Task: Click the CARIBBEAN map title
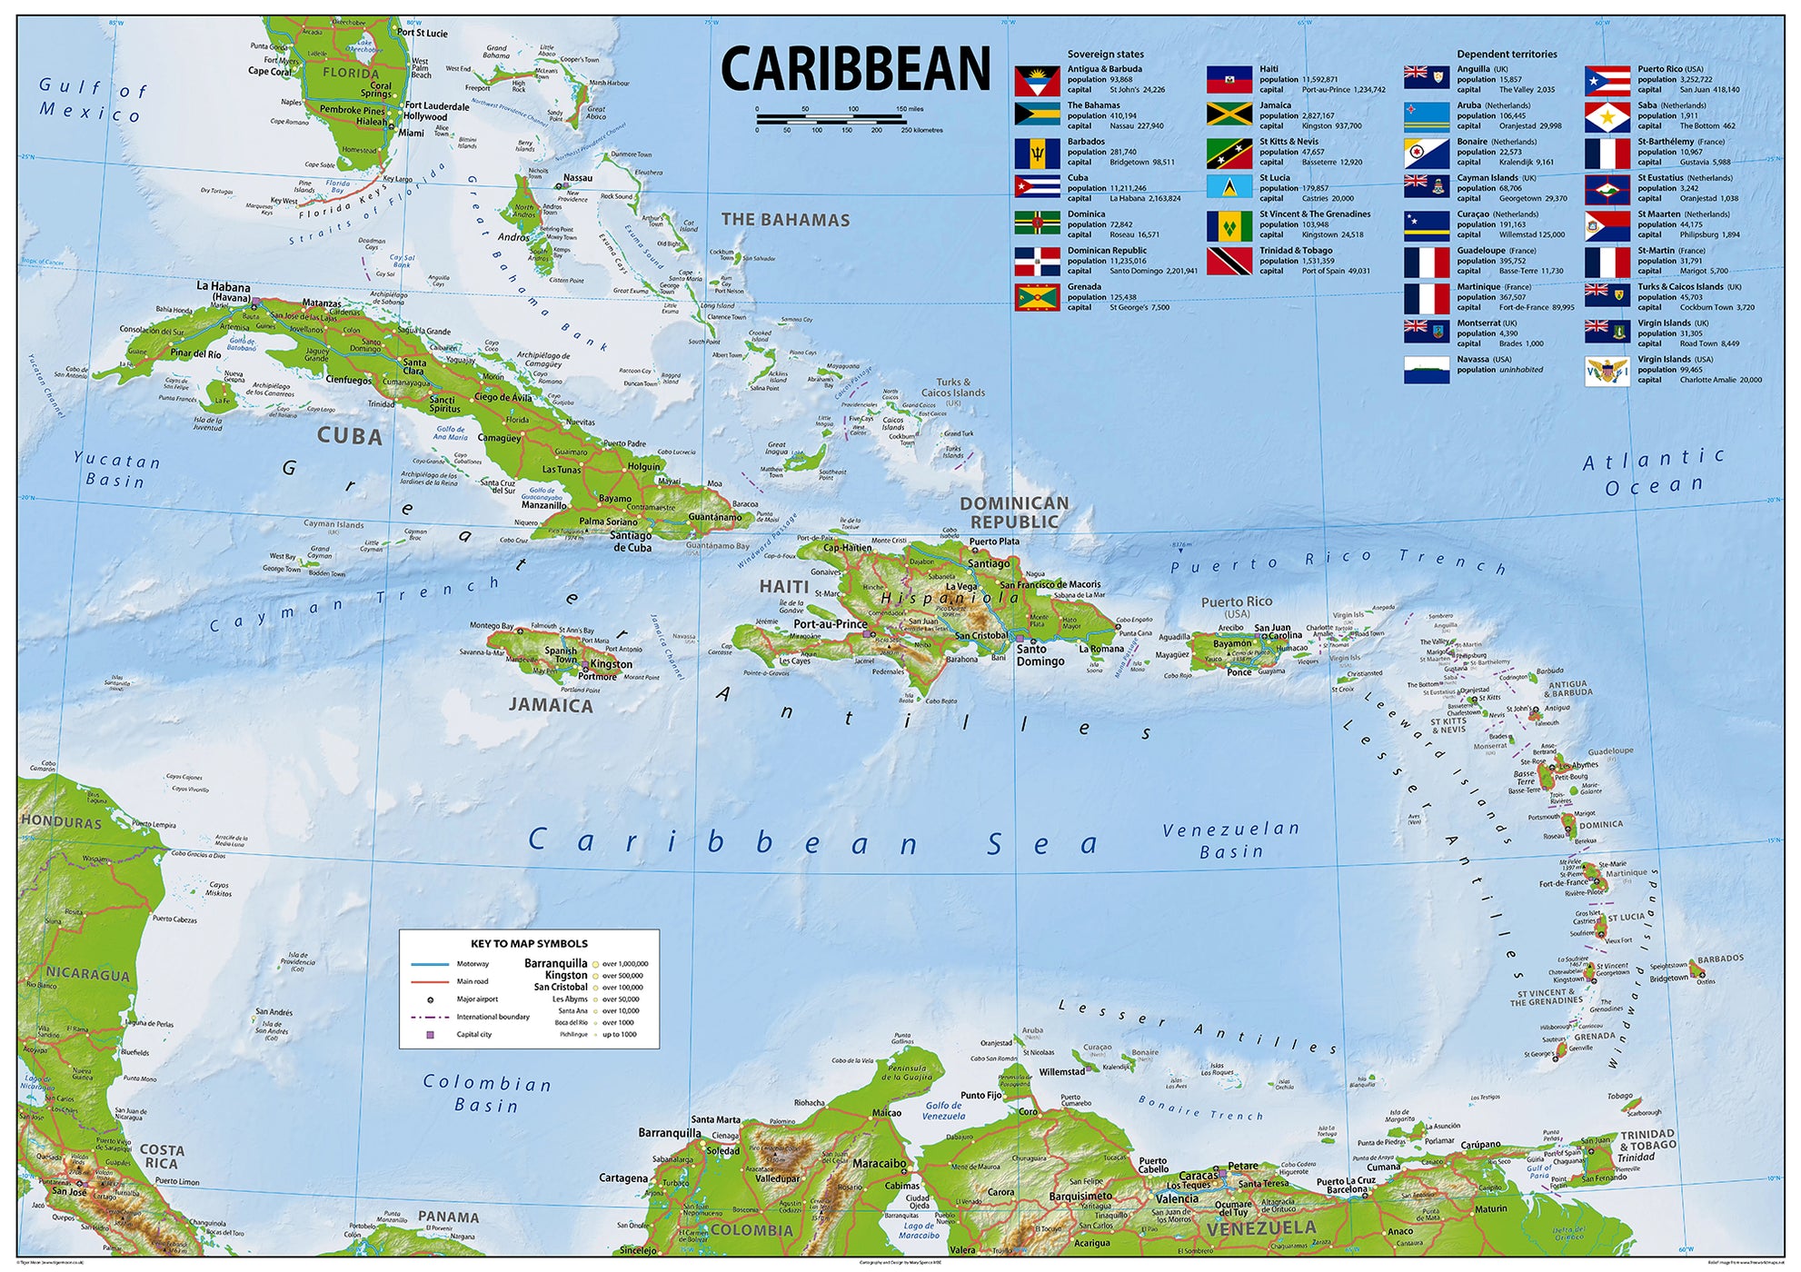855,70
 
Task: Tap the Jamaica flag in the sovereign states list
1229,115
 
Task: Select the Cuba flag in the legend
1037,188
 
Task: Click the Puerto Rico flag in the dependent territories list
1607,81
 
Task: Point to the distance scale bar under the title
831,118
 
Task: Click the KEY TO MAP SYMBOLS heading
529,943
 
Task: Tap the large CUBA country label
349,436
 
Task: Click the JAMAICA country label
550,705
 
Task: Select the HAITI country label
783,587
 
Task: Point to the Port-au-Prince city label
830,624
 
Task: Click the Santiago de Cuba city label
631,542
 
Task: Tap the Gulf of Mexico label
91,100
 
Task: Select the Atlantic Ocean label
1653,472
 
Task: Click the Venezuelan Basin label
1230,840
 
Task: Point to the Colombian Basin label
487,1094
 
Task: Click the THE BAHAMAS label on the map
785,220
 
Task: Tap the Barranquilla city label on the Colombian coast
670,1133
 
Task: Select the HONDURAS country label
61,822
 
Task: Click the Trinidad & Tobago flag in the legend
1229,261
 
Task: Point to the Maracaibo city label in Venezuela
879,1163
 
